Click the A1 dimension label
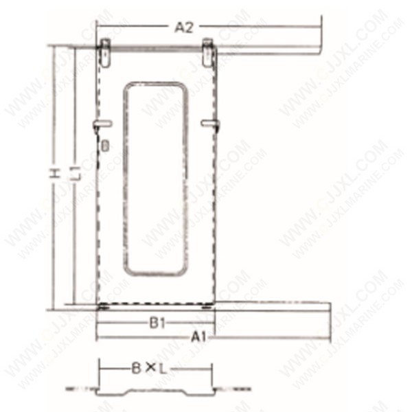coord(199,337)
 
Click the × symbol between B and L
coord(149,369)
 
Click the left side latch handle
coord(102,124)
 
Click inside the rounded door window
coord(156,179)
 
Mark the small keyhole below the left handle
coord(104,146)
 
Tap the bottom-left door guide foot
coord(103,306)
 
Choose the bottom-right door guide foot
coord(207,306)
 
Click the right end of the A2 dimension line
coord(321,27)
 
